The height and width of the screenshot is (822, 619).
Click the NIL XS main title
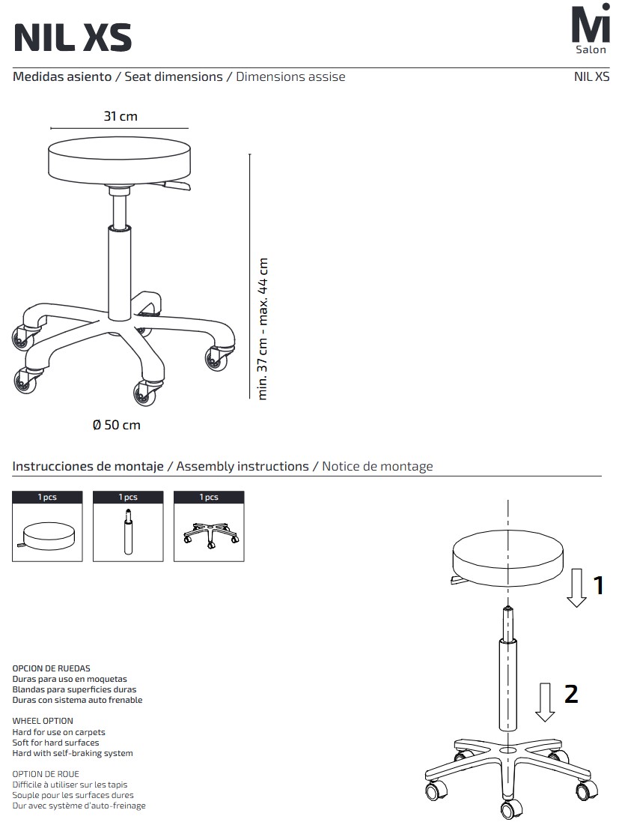click(x=73, y=37)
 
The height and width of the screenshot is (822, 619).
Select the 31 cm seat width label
click(x=121, y=116)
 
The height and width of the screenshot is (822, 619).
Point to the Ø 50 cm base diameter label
click(x=116, y=425)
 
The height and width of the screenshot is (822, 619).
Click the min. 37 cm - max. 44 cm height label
click(x=263, y=329)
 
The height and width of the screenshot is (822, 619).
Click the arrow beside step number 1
click(x=576, y=587)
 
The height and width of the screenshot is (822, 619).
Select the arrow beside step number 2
click(x=545, y=702)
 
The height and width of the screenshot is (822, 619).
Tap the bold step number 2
click(x=571, y=694)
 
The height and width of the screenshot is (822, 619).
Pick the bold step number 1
click(x=599, y=585)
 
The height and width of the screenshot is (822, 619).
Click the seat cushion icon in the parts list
click(x=48, y=537)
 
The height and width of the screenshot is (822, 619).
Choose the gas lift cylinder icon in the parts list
click(x=128, y=531)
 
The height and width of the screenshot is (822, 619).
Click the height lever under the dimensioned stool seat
click(x=176, y=186)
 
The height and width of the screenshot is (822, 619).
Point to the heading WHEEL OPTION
click(x=43, y=721)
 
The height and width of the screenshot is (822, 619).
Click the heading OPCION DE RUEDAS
click(x=52, y=668)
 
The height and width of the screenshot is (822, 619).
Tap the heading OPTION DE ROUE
click(x=46, y=774)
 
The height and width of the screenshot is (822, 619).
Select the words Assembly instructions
click(x=243, y=466)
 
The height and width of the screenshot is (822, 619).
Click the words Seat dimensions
click(x=174, y=76)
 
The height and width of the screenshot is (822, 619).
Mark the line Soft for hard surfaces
click(x=55, y=743)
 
